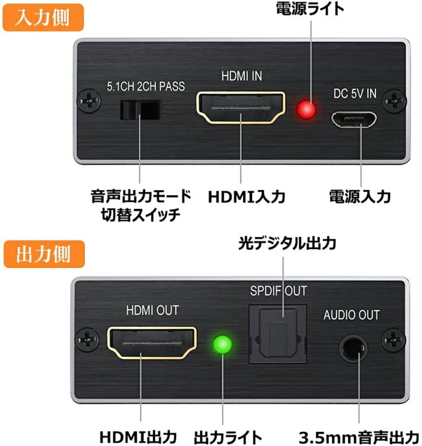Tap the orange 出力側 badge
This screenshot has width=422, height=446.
tap(43, 254)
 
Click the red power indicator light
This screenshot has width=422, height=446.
tap(306, 110)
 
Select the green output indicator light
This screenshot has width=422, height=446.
tap(221, 344)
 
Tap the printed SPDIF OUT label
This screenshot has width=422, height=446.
tap(278, 291)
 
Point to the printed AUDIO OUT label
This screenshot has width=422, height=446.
tap(351, 315)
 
